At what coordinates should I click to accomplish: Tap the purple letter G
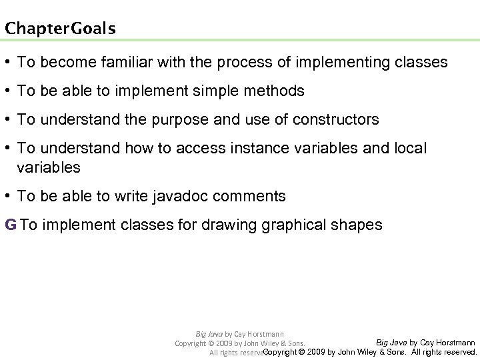click(10, 225)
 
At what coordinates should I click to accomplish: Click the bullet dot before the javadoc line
click(9, 197)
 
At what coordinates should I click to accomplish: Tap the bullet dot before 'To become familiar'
click(9, 63)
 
